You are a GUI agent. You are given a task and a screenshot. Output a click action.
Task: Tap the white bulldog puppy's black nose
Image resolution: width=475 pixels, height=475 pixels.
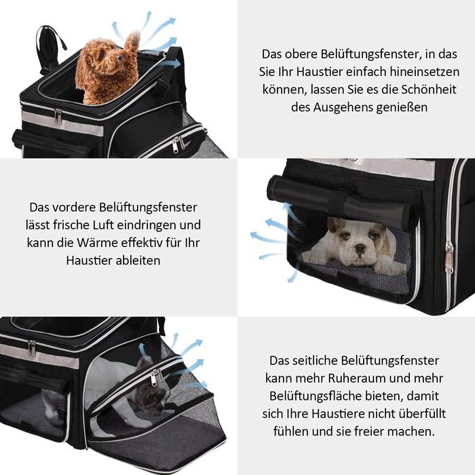360,249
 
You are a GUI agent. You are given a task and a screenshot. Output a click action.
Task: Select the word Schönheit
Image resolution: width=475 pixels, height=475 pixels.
429,90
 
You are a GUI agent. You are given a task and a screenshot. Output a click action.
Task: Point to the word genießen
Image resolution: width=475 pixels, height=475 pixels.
401,107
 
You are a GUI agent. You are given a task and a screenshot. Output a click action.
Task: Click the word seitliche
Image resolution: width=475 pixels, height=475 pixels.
315,361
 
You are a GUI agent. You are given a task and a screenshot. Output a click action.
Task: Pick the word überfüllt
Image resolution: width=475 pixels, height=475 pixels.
425,414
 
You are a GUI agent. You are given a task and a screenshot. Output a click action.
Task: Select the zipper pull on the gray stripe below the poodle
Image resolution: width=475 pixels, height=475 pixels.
58,116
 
